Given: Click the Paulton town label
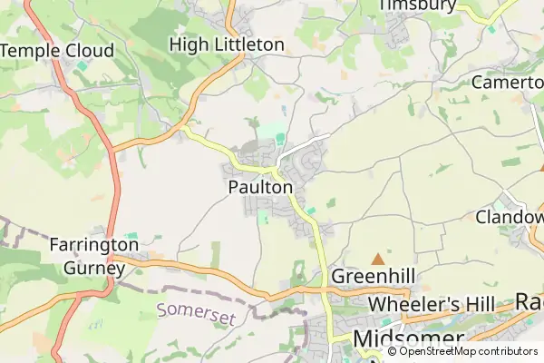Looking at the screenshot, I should [260, 187].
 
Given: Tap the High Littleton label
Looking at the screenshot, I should [227, 44].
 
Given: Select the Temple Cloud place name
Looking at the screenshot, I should [57, 51].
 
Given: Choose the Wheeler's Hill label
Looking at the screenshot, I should [437, 302].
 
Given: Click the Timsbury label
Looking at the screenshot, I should [416, 5].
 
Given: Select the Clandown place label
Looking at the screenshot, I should [510, 218].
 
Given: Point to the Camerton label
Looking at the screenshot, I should [508, 82].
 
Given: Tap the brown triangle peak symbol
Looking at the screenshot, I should [377, 260].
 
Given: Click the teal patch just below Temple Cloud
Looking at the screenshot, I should [83, 66].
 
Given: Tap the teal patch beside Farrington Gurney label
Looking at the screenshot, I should [132, 236].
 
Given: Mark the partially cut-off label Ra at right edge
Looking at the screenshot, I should [529, 301].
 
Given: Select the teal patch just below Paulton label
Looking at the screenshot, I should [264, 216].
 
